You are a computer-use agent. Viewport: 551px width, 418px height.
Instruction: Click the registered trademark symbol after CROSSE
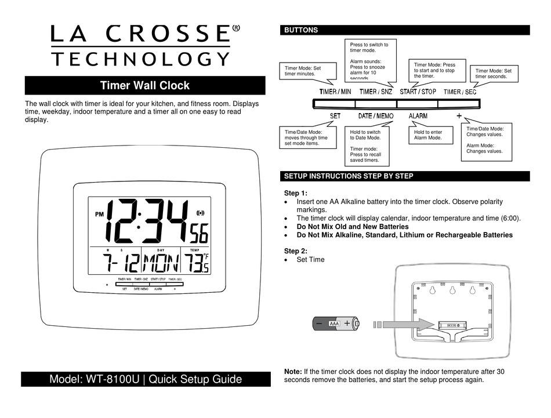tap(236, 28)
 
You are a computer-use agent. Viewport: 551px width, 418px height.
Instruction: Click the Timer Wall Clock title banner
tap(144, 86)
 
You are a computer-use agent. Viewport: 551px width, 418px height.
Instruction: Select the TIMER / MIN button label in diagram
tap(336, 92)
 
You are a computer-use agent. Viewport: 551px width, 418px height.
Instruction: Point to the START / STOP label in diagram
tap(418, 92)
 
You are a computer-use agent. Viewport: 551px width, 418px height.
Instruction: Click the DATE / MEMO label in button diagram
tap(375, 116)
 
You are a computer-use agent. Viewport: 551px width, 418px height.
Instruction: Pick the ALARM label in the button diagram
tap(418, 116)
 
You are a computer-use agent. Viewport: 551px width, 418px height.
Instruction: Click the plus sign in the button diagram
tap(459, 115)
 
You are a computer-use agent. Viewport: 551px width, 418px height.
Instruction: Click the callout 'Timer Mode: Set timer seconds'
tap(494, 72)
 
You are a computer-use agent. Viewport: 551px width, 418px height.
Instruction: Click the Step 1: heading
tap(296, 193)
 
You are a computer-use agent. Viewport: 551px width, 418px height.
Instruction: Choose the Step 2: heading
tap(296, 250)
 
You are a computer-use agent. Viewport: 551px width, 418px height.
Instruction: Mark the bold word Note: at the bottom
tap(293, 371)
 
